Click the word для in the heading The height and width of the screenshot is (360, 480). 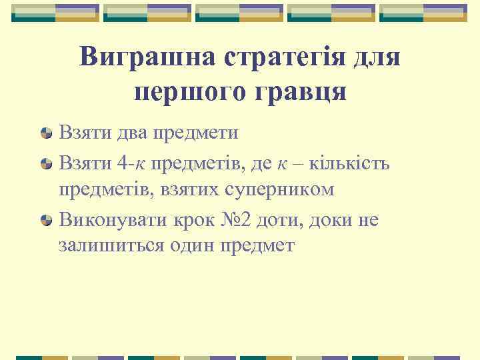[x=376, y=58]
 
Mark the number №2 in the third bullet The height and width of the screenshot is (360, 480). [x=231, y=219]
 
